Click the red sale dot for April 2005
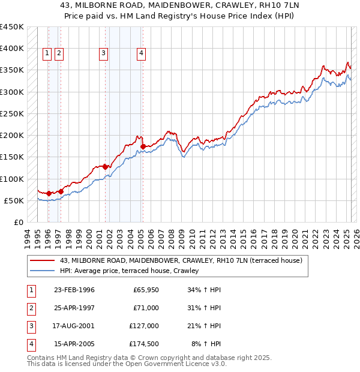143,146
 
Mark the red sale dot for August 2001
105,167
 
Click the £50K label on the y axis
14,200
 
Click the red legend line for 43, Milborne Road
42,260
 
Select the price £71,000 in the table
145,308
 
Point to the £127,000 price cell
143,326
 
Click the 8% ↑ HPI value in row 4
209,344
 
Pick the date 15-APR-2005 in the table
74,344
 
